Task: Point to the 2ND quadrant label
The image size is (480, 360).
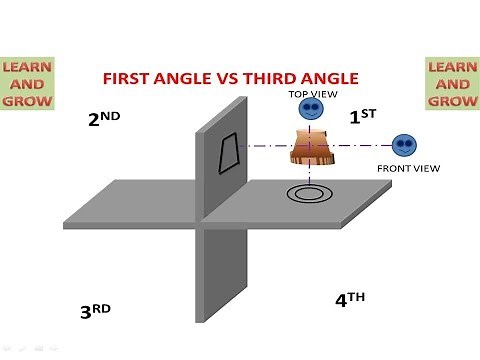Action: click(x=105, y=119)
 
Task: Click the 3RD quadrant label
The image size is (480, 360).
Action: click(x=95, y=311)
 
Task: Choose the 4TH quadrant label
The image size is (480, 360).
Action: click(x=350, y=298)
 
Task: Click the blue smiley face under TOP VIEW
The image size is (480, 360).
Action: click(x=312, y=110)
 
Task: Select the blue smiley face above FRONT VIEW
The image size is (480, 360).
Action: click(x=404, y=145)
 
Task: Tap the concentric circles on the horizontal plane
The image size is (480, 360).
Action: click(x=306, y=192)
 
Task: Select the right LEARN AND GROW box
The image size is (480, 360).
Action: click(x=451, y=83)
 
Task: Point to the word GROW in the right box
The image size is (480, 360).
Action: click(x=451, y=100)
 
